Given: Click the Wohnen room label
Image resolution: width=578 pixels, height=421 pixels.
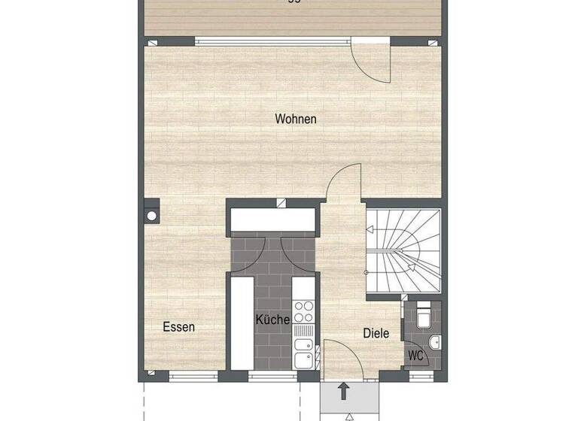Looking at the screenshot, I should [x=296, y=119].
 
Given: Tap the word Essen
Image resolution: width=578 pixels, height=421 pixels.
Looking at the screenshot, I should [x=179, y=327].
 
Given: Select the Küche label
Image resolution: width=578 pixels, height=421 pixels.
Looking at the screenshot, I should [x=272, y=320].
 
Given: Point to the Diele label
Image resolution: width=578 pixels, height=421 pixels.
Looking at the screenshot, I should [x=376, y=333].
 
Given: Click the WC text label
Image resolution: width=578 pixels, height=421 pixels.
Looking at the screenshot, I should [x=415, y=355].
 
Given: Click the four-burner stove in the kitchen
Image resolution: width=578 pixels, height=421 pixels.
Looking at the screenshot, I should [x=303, y=310].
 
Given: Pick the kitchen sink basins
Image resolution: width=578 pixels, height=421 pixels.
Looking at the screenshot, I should [x=303, y=352].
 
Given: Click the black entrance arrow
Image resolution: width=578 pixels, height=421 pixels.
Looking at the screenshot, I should [x=343, y=391].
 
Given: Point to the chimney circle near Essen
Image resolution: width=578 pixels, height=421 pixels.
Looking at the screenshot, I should [x=151, y=216].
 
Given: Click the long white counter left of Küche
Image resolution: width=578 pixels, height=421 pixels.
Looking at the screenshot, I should [x=242, y=323].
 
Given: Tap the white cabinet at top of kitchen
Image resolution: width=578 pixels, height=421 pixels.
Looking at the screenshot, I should [x=272, y=219].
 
